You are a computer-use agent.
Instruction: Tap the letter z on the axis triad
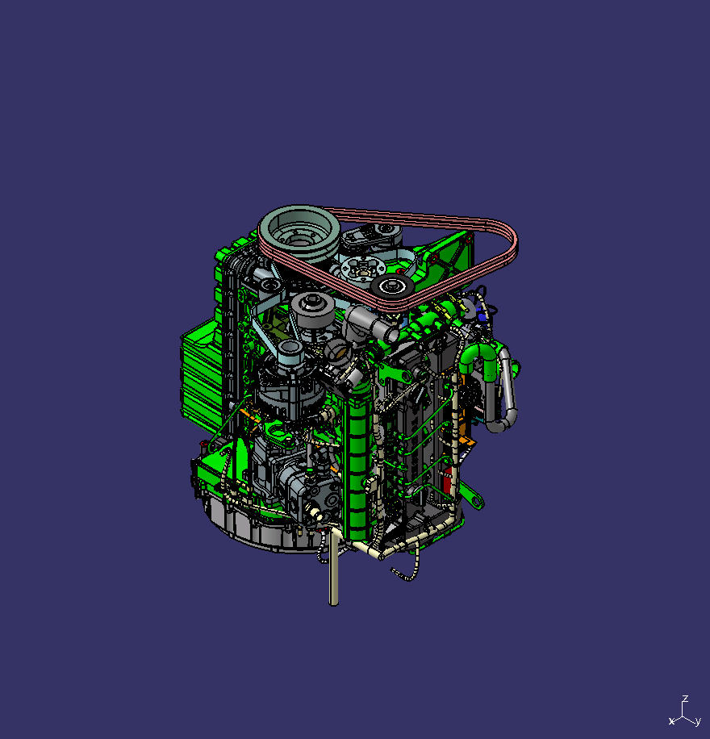[x=684, y=699]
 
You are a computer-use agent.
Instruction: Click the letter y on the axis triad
[x=697, y=721]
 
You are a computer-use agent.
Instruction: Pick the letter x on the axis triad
[x=671, y=720]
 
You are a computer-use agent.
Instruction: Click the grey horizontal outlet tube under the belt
[x=376, y=327]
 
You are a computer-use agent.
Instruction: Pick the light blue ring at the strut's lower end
[x=290, y=349]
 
